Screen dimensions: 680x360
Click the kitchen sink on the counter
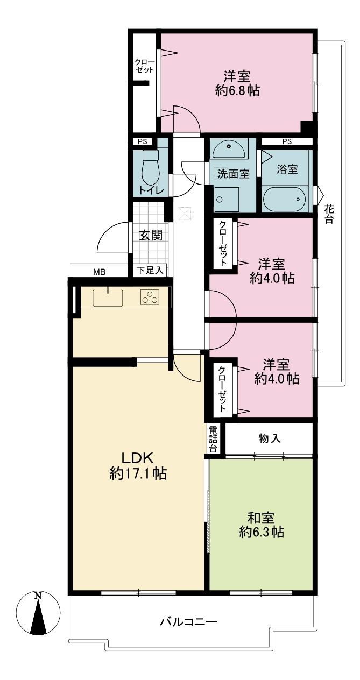tap(108, 296)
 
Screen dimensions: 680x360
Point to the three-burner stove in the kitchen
tap(151, 296)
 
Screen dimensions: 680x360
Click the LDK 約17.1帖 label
tap(138, 466)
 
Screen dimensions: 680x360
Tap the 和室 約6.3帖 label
tap(262, 525)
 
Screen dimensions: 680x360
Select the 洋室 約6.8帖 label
tap(237, 83)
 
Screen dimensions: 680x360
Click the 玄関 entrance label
tap(151, 235)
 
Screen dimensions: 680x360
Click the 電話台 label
tap(214, 438)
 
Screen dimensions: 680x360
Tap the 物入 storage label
tap(269, 438)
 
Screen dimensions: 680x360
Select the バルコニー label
tap(188, 622)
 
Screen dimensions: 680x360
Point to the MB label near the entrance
tap(99, 272)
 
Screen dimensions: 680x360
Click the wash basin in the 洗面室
tap(230, 147)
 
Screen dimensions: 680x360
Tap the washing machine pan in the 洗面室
tap(227, 199)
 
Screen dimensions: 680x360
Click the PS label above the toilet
tap(143, 142)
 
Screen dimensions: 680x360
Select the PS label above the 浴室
tap(287, 142)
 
